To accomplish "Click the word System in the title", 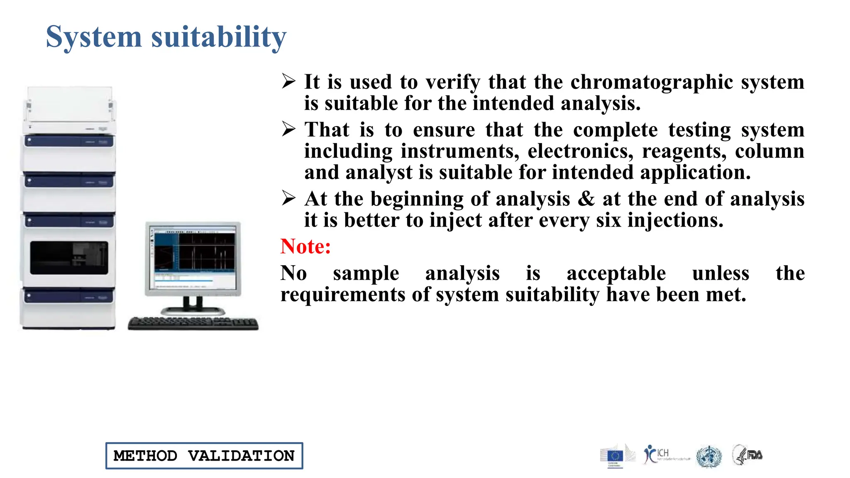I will coord(93,37).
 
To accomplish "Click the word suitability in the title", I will coord(219,37).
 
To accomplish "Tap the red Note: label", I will coord(305,246).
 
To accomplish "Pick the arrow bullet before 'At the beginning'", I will coord(288,198).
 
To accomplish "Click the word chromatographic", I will coord(652,82).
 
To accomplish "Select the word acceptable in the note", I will coord(616,273).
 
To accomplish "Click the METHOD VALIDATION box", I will coord(204,456).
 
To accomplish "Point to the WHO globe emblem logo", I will coord(709,456).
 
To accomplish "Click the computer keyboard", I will coord(193,323).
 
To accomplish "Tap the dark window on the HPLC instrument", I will coord(69,258).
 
